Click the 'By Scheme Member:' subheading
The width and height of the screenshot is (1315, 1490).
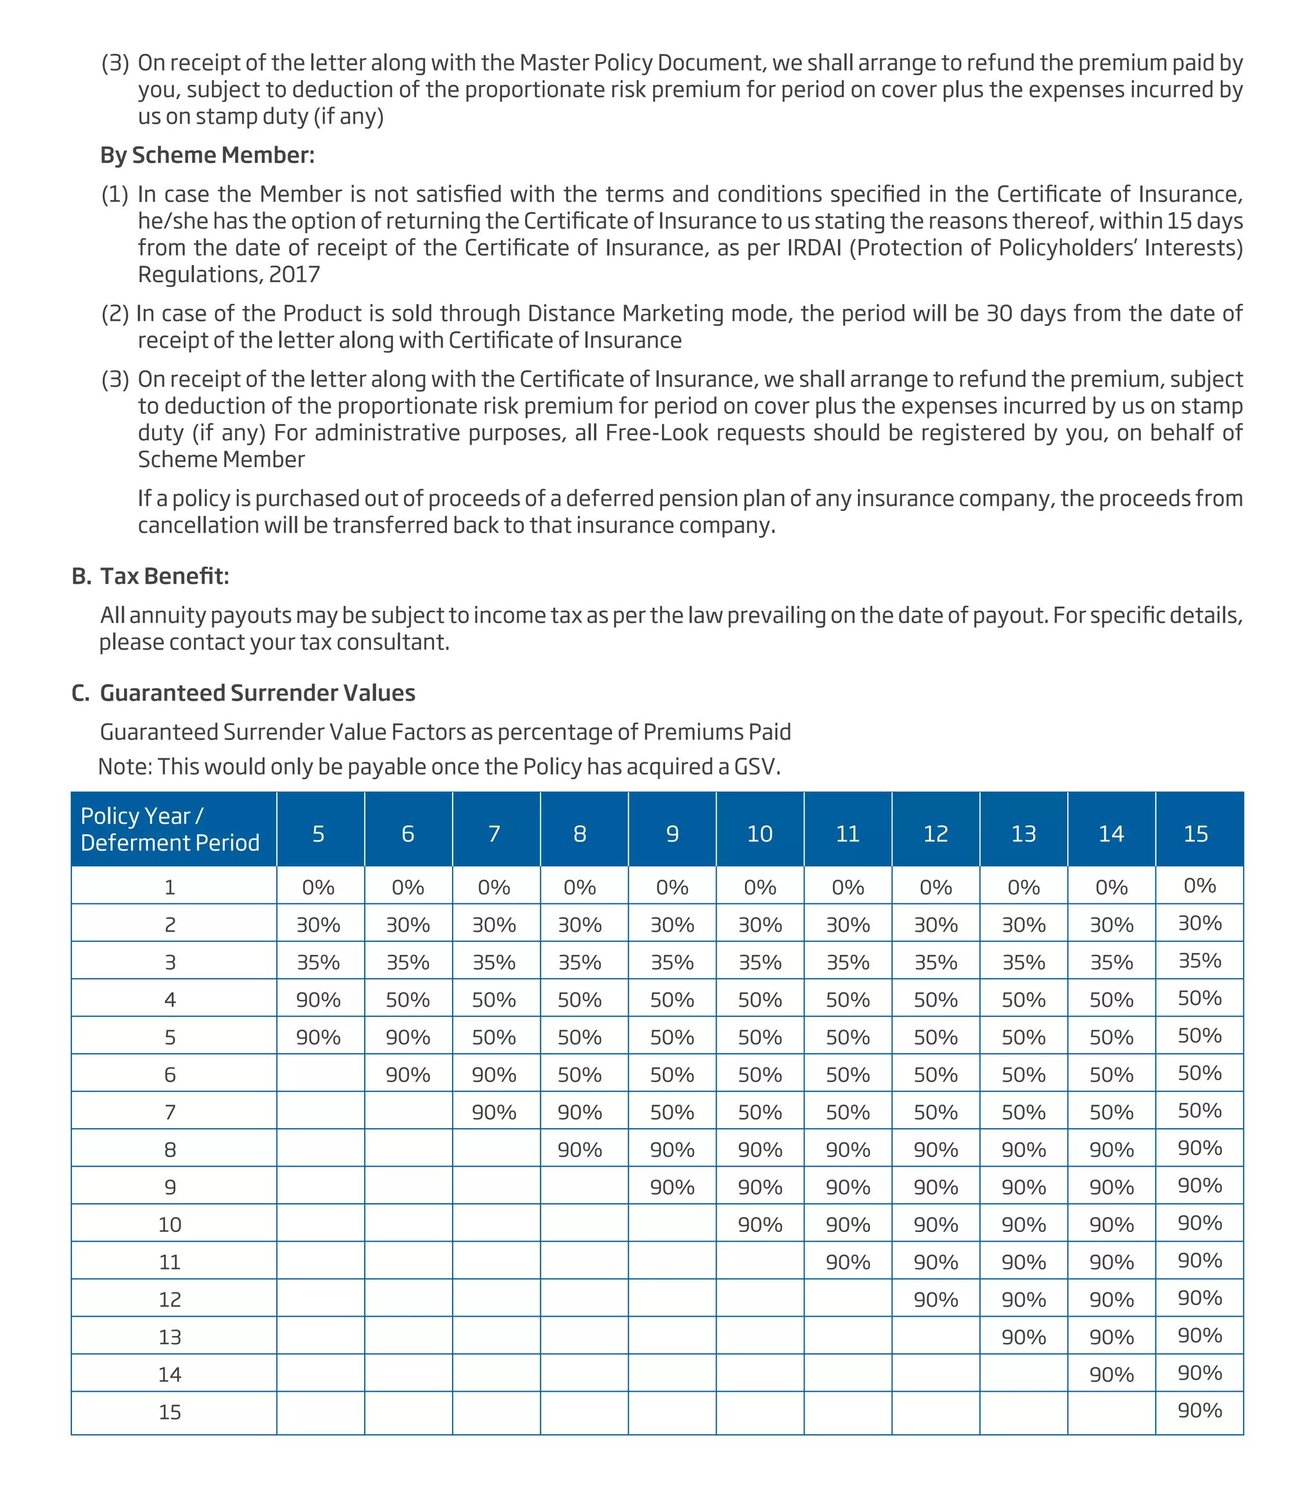(x=207, y=155)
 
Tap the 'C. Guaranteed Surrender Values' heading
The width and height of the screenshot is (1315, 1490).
(x=243, y=692)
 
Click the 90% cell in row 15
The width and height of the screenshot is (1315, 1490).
(x=1199, y=1410)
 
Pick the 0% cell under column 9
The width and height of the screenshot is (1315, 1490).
(x=672, y=887)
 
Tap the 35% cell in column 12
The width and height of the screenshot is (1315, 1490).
(x=936, y=963)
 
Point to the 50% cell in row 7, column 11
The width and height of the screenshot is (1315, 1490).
(x=848, y=1113)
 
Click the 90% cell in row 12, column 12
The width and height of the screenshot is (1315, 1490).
(x=936, y=1300)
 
